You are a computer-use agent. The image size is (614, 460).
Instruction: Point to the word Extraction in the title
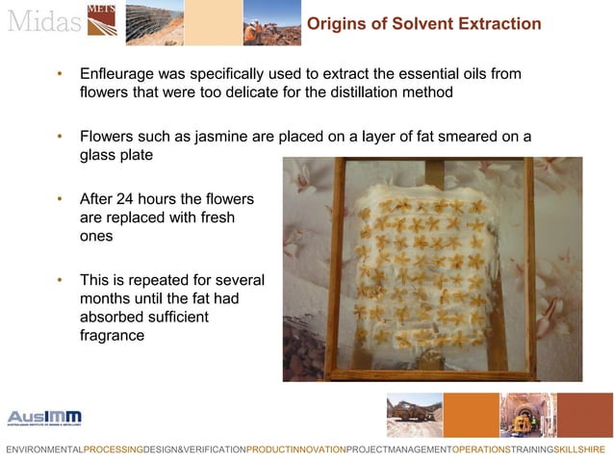pos(490,23)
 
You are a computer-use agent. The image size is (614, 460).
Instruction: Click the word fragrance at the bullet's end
pos(112,336)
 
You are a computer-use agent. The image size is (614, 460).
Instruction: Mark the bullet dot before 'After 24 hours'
pos(60,199)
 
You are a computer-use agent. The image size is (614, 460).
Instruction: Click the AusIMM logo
pos(44,418)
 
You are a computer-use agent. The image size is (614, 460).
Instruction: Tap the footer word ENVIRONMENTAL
pos(44,449)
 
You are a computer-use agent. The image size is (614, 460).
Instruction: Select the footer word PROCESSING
pos(114,449)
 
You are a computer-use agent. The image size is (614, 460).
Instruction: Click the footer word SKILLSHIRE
pos(579,449)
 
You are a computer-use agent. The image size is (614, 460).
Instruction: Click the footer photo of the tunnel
pos(527,415)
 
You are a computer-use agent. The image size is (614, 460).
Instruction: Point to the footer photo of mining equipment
pos(414,415)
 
